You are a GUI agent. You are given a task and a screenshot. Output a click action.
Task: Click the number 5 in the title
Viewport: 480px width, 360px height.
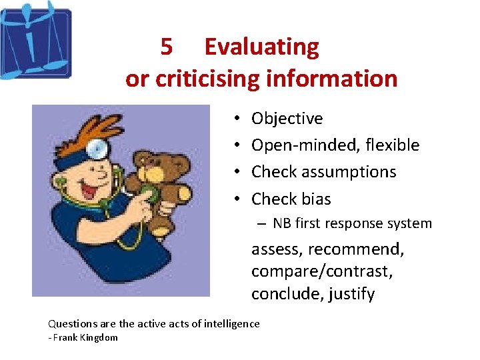click(x=167, y=47)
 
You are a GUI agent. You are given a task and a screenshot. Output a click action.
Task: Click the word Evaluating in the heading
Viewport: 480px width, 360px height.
click(x=261, y=47)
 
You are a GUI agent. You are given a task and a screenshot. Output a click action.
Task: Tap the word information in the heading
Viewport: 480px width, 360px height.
click(x=331, y=79)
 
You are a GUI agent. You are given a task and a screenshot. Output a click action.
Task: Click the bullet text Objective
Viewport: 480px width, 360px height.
click(x=287, y=119)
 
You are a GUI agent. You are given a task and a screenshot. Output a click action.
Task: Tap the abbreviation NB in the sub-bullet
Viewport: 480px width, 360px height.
click(x=281, y=223)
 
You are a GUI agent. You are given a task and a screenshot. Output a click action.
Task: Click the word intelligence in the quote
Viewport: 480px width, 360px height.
click(x=226, y=323)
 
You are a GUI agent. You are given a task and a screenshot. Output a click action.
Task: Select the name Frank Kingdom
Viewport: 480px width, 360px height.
click(x=85, y=337)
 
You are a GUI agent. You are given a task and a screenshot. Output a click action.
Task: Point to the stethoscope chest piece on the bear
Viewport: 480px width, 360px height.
click(x=150, y=193)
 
